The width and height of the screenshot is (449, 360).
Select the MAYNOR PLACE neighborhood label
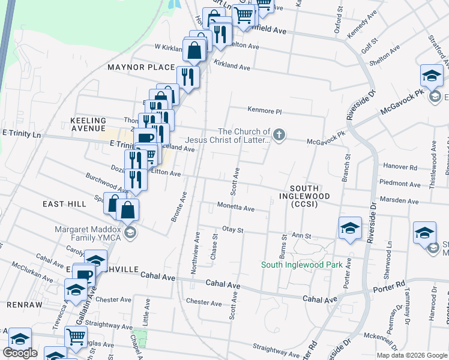[141, 67]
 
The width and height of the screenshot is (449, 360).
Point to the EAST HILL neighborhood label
[64, 204]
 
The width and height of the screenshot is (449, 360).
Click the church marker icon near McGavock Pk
[279, 134]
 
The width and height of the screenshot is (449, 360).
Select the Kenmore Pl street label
[265, 110]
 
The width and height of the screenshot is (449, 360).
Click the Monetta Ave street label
[236, 209]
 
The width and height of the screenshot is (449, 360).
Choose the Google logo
[20, 353]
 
